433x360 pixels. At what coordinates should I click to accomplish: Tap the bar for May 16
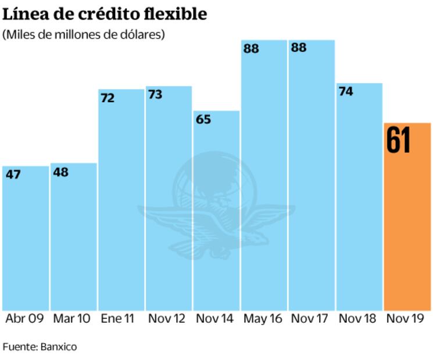[x=264, y=174]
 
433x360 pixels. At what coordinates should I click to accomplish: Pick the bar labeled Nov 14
[x=216, y=209]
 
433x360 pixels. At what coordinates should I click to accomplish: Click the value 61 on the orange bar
[x=399, y=141]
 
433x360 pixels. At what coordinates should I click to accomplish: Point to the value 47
[x=13, y=174]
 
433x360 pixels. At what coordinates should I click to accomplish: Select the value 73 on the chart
[x=155, y=94]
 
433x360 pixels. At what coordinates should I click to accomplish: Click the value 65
[x=203, y=120]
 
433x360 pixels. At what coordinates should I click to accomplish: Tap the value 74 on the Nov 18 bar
[x=346, y=91]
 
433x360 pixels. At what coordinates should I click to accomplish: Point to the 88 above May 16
[x=251, y=49]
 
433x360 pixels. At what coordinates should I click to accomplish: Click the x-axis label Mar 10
[x=71, y=319]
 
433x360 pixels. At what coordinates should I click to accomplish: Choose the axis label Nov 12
[x=167, y=319]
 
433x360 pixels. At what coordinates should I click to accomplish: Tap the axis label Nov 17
[x=310, y=319]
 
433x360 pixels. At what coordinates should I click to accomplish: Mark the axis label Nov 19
[x=406, y=319]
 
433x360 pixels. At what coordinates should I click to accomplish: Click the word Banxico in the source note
[x=58, y=347]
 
